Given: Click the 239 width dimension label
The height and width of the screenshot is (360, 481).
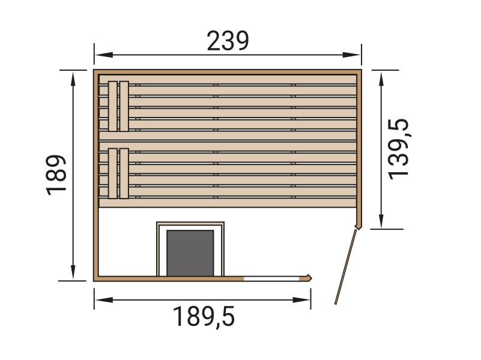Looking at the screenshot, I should [228, 41].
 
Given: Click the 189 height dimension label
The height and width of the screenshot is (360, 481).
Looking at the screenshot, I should [56, 175].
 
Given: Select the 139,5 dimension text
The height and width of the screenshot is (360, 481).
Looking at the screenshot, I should [398, 148].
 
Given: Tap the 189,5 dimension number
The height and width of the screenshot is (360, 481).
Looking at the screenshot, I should [204, 316].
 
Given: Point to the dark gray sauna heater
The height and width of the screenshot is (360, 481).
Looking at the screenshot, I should [190, 253].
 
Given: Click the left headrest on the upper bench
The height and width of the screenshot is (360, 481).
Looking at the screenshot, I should [112, 106].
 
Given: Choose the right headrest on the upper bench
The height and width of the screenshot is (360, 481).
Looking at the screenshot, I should [124, 106].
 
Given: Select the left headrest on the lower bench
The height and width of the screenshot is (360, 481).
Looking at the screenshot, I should [112, 173].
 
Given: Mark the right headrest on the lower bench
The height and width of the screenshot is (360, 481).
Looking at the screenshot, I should [124, 173].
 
